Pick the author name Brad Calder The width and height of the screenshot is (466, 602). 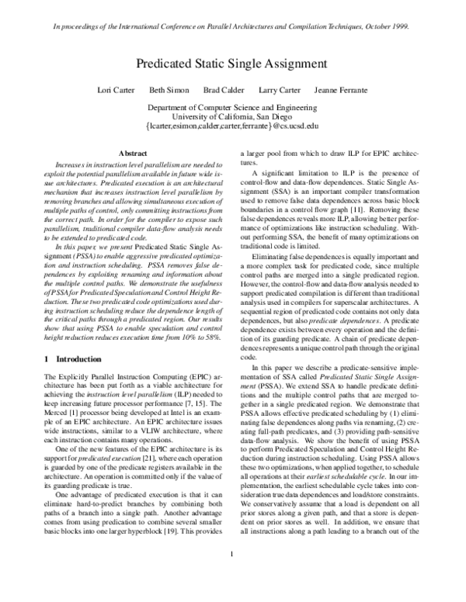pyautogui.click(x=222, y=90)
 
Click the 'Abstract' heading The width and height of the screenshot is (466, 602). pyautogui.click(x=130, y=155)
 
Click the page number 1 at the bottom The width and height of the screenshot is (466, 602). pyautogui.click(x=232, y=575)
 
